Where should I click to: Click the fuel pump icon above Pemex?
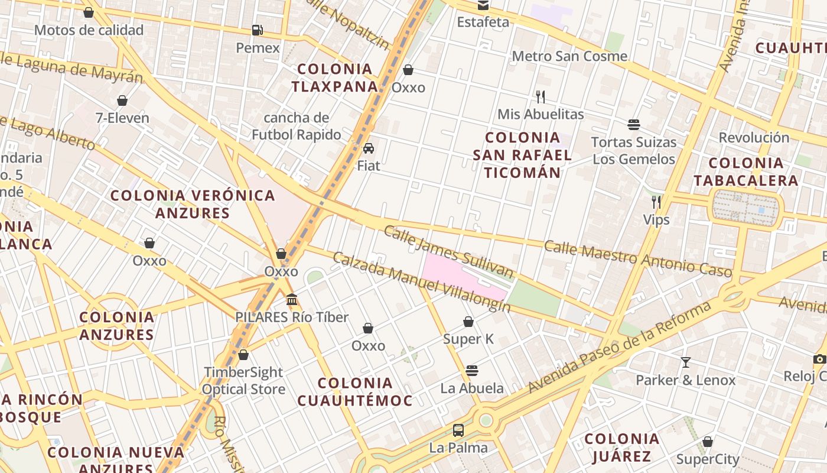pyautogui.click(x=257, y=30)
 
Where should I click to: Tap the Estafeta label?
pyautogui.click(x=483, y=22)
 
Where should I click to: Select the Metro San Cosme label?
pyautogui.click(x=569, y=56)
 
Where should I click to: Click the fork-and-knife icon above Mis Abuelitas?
pyautogui.click(x=540, y=96)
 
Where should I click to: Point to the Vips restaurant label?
pyautogui.click(x=656, y=220)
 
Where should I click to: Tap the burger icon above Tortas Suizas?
pyautogui.click(x=634, y=125)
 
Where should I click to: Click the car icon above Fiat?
pyautogui.click(x=369, y=148)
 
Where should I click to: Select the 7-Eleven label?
pyautogui.click(x=122, y=118)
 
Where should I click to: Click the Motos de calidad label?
pyautogui.click(x=89, y=30)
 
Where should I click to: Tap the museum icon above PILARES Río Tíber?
pyautogui.click(x=292, y=300)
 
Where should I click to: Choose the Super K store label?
pyautogui.click(x=468, y=339)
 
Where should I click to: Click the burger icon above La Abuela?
pyautogui.click(x=471, y=371)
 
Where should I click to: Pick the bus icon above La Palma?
pyautogui.click(x=458, y=430)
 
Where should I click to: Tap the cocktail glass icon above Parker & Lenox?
pyautogui.click(x=685, y=362)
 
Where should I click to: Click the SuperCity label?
pyautogui.click(x=708, y=459)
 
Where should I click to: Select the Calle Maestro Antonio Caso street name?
pyautogui.click(x=638, y=258)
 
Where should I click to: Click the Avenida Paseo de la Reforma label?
pyautogui.click(x=620, y=348)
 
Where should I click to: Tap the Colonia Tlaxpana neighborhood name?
pyautogui.click(x=334, y=77)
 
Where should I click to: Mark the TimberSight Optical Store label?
pyautogui.click(x=243, y=381)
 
